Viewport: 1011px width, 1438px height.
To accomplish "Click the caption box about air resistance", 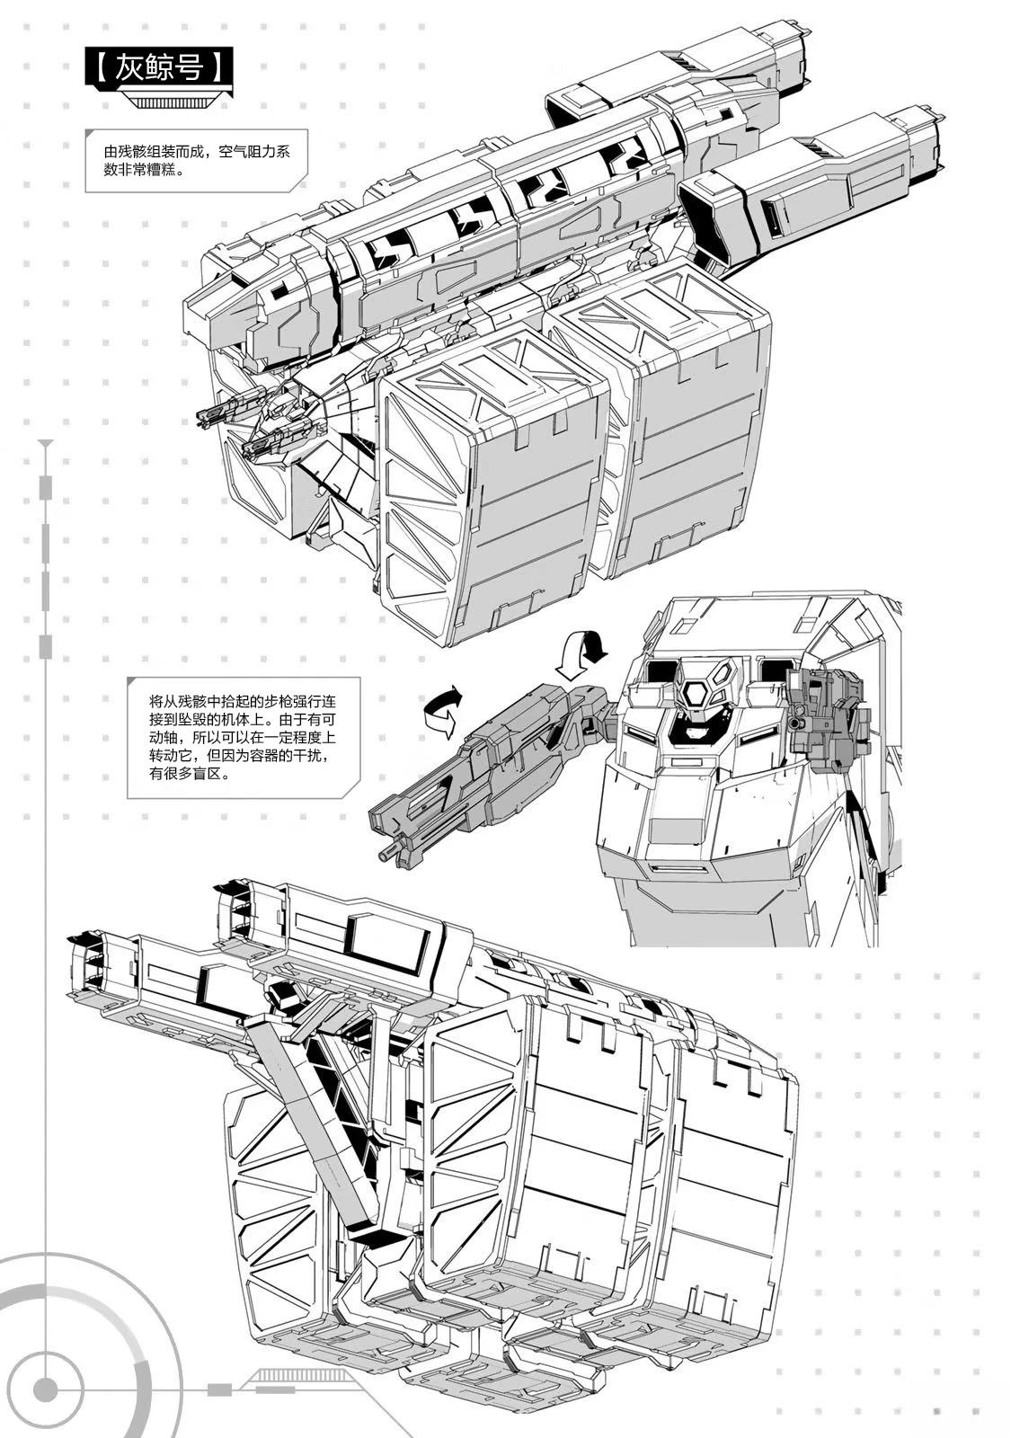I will [196, 161].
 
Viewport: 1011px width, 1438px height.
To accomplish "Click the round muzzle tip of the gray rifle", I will [387, 854].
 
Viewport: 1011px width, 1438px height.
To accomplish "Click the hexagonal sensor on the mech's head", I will [696, 693].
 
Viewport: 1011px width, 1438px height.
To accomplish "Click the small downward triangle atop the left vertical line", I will [46, 444].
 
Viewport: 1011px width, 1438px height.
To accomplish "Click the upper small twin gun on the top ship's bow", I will [220, 413].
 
